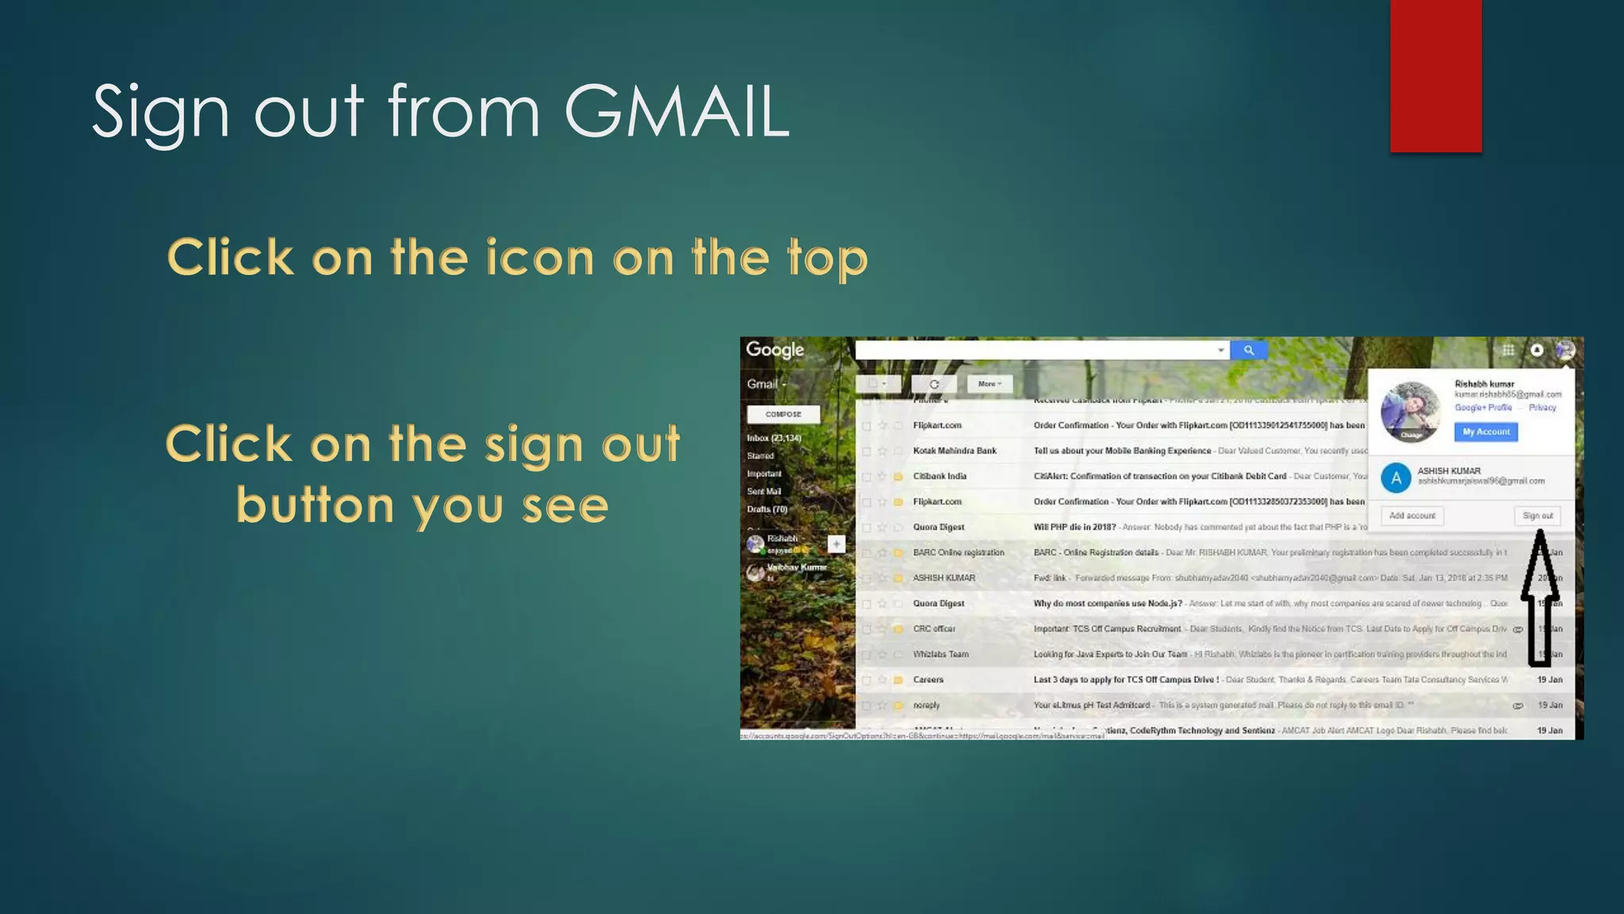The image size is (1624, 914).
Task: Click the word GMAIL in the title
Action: click(x=676, y=112)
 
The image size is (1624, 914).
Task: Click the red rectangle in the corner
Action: click(x=1435, y=75)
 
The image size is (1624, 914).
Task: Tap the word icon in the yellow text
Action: click(x=539, y=258)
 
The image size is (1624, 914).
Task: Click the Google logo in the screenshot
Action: click(x=775, y=350)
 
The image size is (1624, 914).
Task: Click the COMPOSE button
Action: click(x=783, y=414)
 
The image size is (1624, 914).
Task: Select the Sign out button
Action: click(x=1537, y=516)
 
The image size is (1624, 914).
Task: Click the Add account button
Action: click(x=1411, y=516)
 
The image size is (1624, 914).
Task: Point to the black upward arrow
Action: click(x=1539, y=595)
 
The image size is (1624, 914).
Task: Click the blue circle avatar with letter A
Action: click(x=1396, y=478)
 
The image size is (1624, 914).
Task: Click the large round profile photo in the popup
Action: click(x=1410, y=411)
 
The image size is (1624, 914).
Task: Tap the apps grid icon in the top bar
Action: click(x=1508, y=350)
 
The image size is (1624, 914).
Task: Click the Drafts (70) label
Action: click(x=767, y=509)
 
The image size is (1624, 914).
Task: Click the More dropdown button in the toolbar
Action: click(x=989, y=384)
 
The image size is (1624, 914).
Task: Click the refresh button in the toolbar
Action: click(x=934, y=384)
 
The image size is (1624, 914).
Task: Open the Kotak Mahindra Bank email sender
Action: click(x=954, y=451)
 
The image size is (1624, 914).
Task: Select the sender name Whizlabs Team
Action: click(x=940, y=655)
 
